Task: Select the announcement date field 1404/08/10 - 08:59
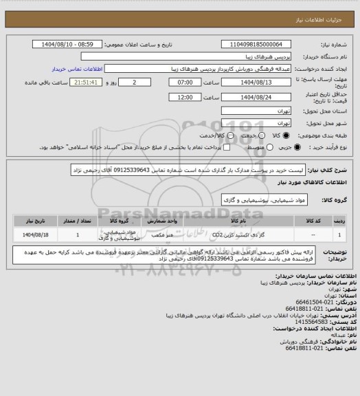point(74,45)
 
